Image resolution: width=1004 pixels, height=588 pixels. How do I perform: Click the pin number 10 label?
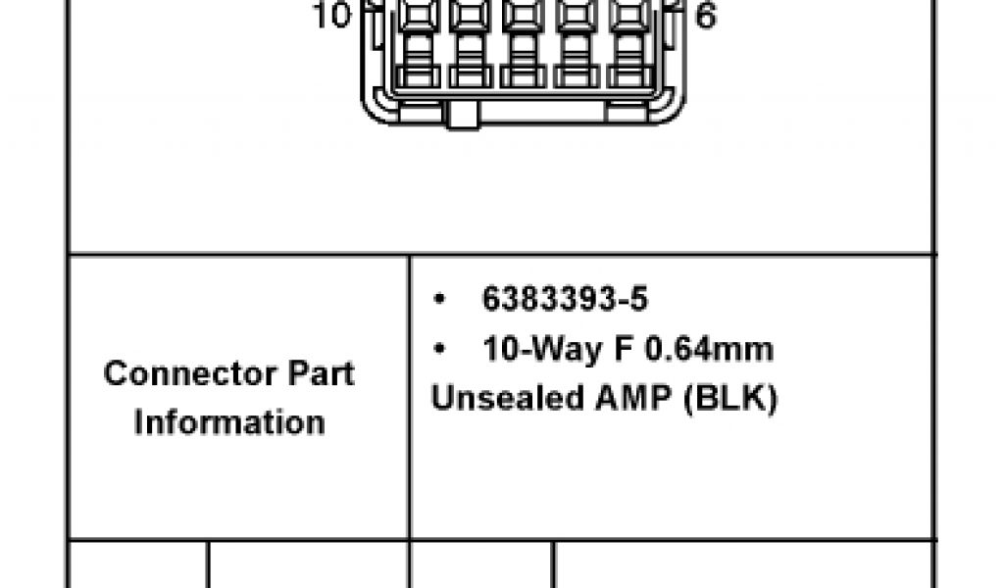tap(332, 15)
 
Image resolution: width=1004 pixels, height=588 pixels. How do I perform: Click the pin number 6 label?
tap(705, 16)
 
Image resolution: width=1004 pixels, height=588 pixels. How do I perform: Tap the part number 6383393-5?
tap(565, 299)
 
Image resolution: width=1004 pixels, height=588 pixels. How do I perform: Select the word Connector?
tap(189, 373)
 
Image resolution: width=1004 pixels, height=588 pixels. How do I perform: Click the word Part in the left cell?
tap(321, 373)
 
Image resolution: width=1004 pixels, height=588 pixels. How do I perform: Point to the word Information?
tap(229, 422)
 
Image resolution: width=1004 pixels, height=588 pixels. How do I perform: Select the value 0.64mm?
tap(709, 349)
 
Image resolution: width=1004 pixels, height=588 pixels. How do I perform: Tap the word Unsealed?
tap(507, 397)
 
